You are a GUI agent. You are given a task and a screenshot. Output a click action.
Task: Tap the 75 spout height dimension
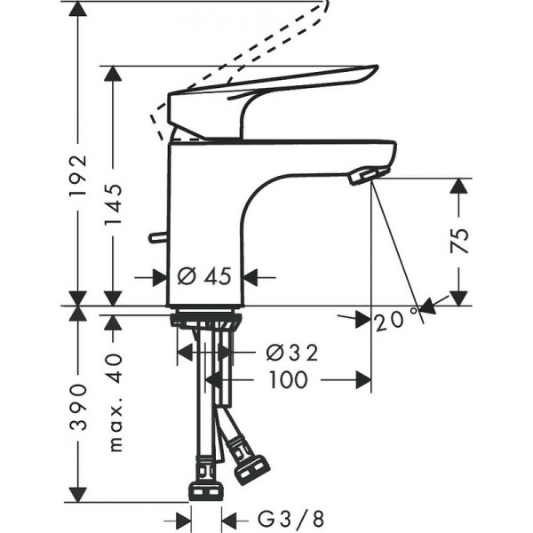pyautogui.click(x=459, y=241)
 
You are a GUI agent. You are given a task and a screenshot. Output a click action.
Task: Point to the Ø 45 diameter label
pyautogui.click(x=203, y=276)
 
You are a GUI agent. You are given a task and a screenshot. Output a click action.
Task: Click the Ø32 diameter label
pyautogui.click(x=291, y=354)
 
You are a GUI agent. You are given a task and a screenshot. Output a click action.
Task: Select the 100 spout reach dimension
pyautogui.click(x=286, y=380)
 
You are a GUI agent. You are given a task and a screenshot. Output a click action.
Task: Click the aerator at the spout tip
pyautogui.click(x=368, y=175)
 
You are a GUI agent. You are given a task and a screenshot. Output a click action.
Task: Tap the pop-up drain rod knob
pyautogui.click(x=157, y=237)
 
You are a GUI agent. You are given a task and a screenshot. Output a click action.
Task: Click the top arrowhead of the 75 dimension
pyautogui.click(x=459, y=187)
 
